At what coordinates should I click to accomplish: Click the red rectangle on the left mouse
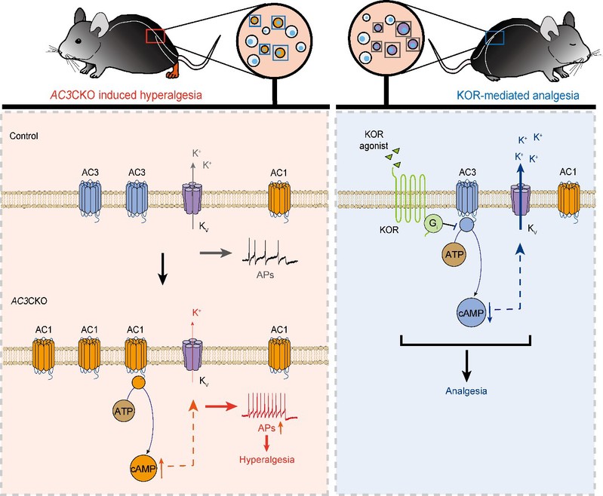[x=155, y=36]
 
